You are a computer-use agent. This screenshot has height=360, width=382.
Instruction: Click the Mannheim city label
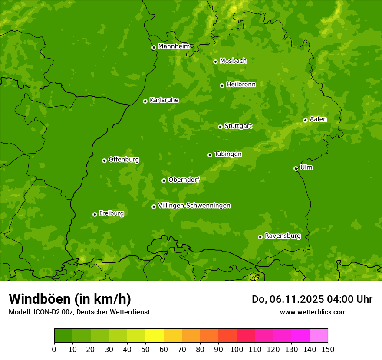click(x=174, y=46)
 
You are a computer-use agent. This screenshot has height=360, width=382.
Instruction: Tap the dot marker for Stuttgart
click(x=220, y=127)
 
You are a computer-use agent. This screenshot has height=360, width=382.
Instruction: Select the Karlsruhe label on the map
click(x=164, y=100)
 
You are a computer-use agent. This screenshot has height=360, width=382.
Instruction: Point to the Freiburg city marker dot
click(x=95, y=214)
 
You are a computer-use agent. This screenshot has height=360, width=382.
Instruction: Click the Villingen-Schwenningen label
click(x=194, y=206)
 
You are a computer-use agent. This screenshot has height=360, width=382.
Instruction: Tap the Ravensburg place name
click(x=282, y=236)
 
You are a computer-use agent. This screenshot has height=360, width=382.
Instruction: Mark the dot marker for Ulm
click(x=296, y=168)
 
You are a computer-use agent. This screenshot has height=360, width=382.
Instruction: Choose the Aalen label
click(x=318, y=119)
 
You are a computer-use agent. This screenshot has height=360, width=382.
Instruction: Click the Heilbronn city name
click(x=240, y=85)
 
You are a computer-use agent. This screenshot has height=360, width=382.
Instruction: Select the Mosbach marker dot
click(x=215, y=62)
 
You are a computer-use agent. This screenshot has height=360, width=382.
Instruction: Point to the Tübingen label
click(x=227, y=154)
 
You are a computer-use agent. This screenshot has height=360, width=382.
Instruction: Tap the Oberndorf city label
click(x=184, y=180)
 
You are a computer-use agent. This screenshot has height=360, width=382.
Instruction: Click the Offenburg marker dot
click(x=104, y=160)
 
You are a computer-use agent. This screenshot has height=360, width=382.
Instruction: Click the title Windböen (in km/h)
click(x=70, y=299)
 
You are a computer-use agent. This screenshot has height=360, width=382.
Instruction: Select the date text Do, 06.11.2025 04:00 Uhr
click(x=312, y=299)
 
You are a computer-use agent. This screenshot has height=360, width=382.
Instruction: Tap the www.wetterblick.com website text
click(x=313, y=312)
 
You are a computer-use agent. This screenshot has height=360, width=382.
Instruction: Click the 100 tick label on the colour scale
click(x=237, y=349)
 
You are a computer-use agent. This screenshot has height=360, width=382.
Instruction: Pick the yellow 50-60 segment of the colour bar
click(x=155, y=336)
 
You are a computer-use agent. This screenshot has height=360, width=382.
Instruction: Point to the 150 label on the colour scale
click(x=328, y=349)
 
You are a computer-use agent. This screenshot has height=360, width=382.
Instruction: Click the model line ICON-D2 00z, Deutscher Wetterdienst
click(x=79, y=312)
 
